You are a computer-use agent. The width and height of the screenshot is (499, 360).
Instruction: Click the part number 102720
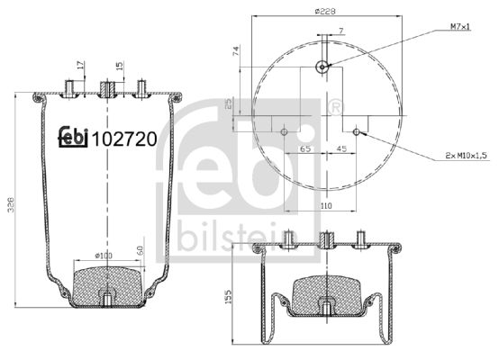pos(127,139)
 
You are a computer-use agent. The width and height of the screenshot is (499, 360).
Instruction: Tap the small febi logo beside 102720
pos(74,135)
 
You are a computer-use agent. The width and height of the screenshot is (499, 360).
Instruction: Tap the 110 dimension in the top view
pos(322,206)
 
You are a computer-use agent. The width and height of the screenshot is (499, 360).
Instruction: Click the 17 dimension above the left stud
pos(80,65)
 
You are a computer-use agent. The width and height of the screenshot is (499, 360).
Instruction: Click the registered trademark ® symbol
pos(335,108)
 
